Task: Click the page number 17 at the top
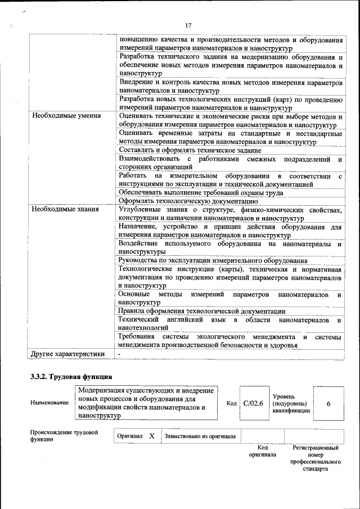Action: tap(188, 25)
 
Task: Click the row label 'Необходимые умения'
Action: tap(66, 116)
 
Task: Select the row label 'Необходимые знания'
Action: tap(65, 210)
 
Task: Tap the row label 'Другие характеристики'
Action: tap(67, 354)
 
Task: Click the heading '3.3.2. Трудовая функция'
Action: tap(71, 376)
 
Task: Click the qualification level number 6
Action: tap(328, 403)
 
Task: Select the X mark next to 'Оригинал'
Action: tap(151, 436)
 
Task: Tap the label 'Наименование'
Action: tap(50, 403)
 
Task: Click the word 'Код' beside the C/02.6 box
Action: tap(232, 403)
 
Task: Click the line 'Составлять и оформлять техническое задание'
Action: tap(190, 150)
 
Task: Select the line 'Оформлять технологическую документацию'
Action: tap(188, 201)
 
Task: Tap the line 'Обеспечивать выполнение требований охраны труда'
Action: tap(201, 192)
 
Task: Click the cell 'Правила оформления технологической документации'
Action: tap(202, 311)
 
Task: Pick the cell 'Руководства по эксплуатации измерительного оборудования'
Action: tap(213, 260)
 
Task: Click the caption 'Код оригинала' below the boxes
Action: tap(262, 451)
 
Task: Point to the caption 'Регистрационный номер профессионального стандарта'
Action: tap(315, 458)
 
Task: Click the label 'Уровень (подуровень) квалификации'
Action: tap(290, 403)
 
